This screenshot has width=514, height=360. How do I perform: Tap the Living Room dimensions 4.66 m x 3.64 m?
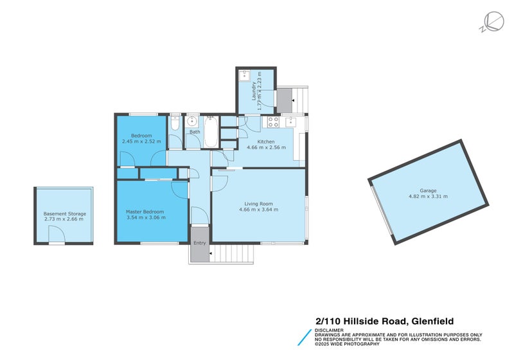pyautogui.click(x=257, y=210)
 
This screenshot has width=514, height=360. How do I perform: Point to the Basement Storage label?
pyautogui.click(x=64, y=213)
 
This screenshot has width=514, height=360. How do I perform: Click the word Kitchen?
pyautogui.click(x=266, y=141)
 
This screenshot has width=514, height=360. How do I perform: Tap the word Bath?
pyautogui.click(x=194, y=132)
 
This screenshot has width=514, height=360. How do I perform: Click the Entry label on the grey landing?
pyautogui.click(x=200, y=242)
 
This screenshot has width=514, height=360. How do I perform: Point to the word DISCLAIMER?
pyautogui.click(x=330, y=330)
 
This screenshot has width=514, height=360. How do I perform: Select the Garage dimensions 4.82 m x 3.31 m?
pyautogui.click(x=428, y=196)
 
